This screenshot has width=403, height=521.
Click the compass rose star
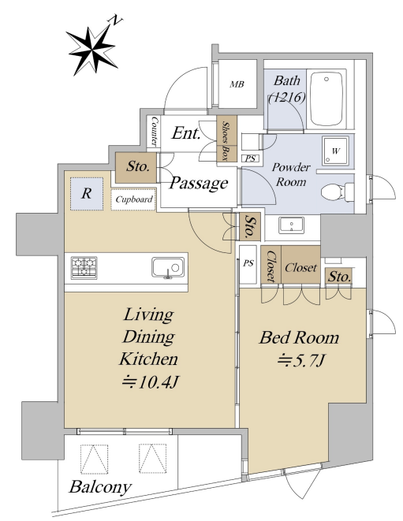(91, 50)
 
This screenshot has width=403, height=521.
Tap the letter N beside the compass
(115, 20)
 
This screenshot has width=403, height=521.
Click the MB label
(237, 84)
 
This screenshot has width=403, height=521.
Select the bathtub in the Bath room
(326, 99)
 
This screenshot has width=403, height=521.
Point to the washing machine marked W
(335, 151)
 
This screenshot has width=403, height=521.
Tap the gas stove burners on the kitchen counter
(84, 267)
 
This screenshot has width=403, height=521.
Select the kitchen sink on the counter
(168, 267)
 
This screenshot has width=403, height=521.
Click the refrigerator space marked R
(87, 193)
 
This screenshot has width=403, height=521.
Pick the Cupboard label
(133, 199)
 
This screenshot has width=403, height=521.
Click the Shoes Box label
(226, 141)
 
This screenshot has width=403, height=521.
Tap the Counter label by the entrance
(155, 131)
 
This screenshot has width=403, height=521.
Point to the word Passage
(198, 183)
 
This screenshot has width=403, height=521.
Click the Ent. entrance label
(186, 133)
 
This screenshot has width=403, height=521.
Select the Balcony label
(100, 487)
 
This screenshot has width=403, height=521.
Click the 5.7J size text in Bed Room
(301, 360)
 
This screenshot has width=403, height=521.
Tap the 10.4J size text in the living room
(151, 382)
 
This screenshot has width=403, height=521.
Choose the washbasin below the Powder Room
(291, 225)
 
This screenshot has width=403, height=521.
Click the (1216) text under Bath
(286, 98)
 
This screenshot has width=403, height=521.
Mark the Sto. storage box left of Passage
(136, 167)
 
